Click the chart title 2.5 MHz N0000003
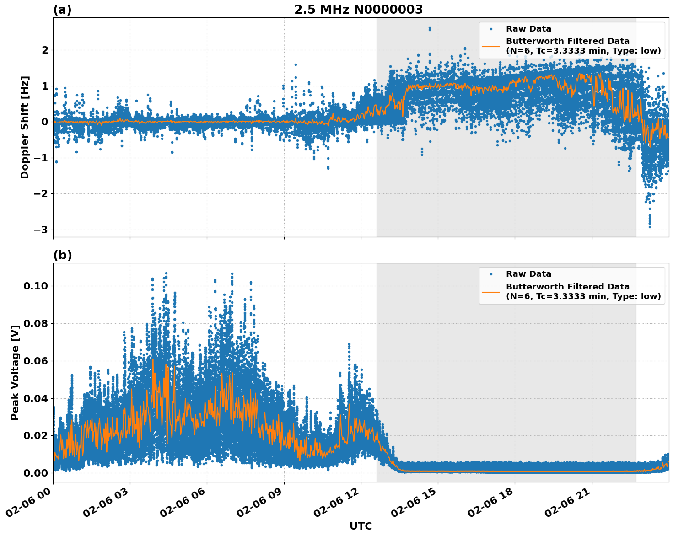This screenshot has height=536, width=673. (x=358, y=10)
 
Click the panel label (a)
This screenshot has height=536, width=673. (x=62, y=10)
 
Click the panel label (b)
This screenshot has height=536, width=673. (x=62, y=255)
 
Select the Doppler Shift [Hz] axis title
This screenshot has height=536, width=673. (x=25, y=127)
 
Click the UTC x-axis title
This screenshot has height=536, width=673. (x=361, y=526)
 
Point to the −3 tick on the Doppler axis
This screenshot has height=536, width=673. (x=41, y=230)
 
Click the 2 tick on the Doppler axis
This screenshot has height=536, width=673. (x=45, y=50)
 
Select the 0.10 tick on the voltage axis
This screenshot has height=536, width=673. (x=35, y=286)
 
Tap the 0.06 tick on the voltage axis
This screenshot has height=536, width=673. (x=35, y=361)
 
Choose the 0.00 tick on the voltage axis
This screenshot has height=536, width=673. (x=35, y=473)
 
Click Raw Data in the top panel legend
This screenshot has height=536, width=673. (x=528, y=29)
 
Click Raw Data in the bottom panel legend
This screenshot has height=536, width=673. (x=528, y=274)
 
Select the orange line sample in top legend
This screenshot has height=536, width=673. (x=491, y=46)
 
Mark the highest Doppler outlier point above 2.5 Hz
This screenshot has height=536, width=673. (x=430, y=28)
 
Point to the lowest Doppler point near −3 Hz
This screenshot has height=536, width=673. (x=650, y=226)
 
